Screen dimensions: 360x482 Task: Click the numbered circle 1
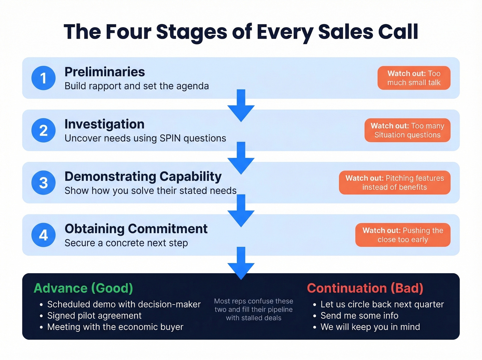coord(43,78)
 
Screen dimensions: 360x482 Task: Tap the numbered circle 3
coord(43,183)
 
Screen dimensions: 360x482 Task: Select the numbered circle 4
coord(43,235)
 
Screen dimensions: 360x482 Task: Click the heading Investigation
coord(104,124)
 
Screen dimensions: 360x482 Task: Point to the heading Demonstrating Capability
coord(143,176)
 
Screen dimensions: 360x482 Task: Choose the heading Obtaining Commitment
coord(136,229)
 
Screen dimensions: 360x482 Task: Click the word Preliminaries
coord(105,72)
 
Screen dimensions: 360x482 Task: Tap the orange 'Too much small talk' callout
coord(414,78)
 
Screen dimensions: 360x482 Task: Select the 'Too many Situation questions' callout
coord(407,130)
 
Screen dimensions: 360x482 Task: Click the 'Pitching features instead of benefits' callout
coord(395,183)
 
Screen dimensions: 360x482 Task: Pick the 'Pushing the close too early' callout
coord(403,235)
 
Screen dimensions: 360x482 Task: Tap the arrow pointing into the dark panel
coord(241,263)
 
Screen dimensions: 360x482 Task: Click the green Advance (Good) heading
coord(83,288)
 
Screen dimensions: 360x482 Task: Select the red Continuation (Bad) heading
coord(365,288)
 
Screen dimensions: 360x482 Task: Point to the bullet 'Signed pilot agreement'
coord(94,316)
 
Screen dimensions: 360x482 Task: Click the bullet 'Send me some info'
coord(359,316)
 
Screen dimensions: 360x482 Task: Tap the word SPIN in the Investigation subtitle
coord(170,138)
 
